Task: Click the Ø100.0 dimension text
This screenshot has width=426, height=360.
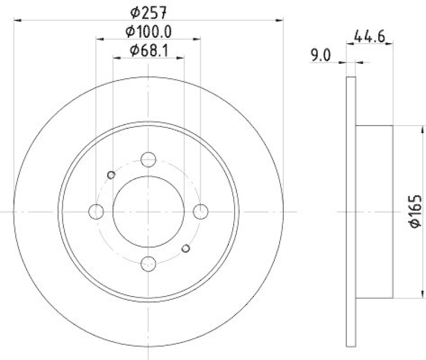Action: click(149, 31)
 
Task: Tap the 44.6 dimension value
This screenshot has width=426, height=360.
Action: click(369, 37)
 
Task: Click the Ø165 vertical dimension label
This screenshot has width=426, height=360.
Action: click(416, 212)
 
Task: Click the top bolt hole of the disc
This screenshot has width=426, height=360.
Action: click(148, 159)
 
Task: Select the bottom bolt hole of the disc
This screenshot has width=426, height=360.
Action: click(148, 263)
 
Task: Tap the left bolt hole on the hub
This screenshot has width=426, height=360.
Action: click(96, 211)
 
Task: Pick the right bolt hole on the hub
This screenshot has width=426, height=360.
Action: click(200, 211)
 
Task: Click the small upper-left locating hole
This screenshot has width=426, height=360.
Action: click(111, 175)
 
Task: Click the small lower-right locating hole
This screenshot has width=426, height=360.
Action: click(185, 248)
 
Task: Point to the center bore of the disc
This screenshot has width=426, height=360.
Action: click(148, 211)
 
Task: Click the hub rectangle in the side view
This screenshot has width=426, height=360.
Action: click(374, 211)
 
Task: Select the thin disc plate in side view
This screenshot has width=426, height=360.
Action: click(350, 211)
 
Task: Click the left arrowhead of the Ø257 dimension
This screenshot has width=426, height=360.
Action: click(16, 20)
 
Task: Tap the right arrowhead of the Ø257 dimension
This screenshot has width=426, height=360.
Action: click(280, 20)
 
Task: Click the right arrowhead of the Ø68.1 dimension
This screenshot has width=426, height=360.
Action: click(181, 60)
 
